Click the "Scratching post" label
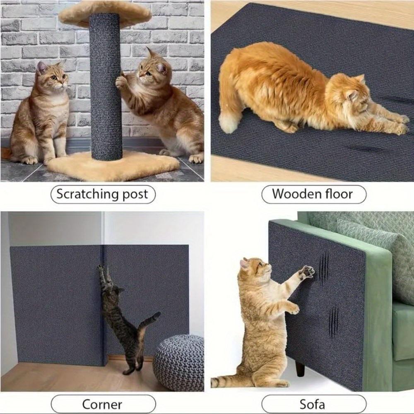pos(103,194)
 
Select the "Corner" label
pos(102,404)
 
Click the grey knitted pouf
pos(179,362)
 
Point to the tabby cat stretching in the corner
pos(122,319)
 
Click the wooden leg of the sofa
pos(300,367)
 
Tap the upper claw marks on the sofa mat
pos(323,268)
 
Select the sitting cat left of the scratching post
pos(41,116)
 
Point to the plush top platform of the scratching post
pos(105,12)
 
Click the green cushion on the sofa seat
pos(402,331)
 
